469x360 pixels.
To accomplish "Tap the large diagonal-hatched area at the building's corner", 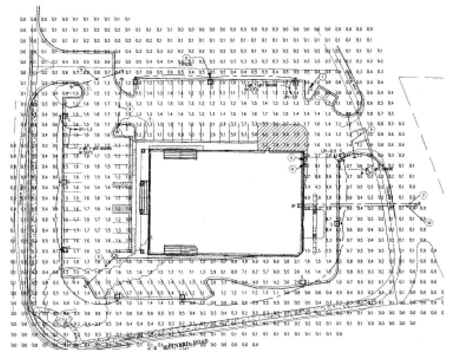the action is tap(283, 137).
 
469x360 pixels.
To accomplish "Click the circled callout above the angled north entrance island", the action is tap(323, 76).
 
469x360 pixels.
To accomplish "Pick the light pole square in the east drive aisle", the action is tap(337, 224).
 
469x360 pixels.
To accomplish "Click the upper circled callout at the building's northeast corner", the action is tap(292, 157).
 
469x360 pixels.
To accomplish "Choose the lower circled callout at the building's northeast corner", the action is tap(292, 169).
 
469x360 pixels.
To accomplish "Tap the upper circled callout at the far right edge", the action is tap(424, 195).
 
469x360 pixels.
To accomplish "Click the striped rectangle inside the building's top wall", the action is tap(180, 154).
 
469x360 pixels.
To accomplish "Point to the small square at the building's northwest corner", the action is tap(143, 151).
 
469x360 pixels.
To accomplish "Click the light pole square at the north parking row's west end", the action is tap(136, 80).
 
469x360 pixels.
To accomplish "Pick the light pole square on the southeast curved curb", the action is tap(302, 281).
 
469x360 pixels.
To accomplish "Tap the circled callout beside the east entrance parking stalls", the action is tap(371, 130).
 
